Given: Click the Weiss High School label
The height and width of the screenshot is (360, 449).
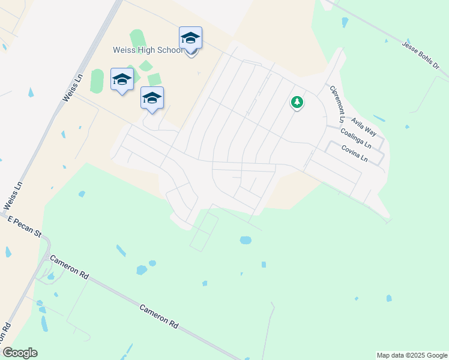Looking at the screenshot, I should (148, 50).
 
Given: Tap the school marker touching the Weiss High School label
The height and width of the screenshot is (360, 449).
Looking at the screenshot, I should (190, 38).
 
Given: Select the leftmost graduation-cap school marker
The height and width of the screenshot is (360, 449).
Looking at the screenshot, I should (122, 80).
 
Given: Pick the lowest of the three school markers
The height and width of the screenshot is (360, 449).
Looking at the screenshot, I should (152, 98).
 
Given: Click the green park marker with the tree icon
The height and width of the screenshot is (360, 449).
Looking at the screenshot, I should (297, 103).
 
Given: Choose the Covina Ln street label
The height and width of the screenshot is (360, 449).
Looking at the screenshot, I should (354, 152).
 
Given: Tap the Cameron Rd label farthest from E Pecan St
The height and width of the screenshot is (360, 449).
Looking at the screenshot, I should (159, 316).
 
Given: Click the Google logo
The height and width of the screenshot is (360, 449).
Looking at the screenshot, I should (20, 353).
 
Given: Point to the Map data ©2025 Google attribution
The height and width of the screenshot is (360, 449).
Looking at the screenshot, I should (411, 355).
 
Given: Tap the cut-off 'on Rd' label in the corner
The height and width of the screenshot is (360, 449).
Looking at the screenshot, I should (7, 334).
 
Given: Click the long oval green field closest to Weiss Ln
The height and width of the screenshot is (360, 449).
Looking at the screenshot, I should (97, 81).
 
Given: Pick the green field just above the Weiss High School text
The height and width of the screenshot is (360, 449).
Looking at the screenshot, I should (137, 37).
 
